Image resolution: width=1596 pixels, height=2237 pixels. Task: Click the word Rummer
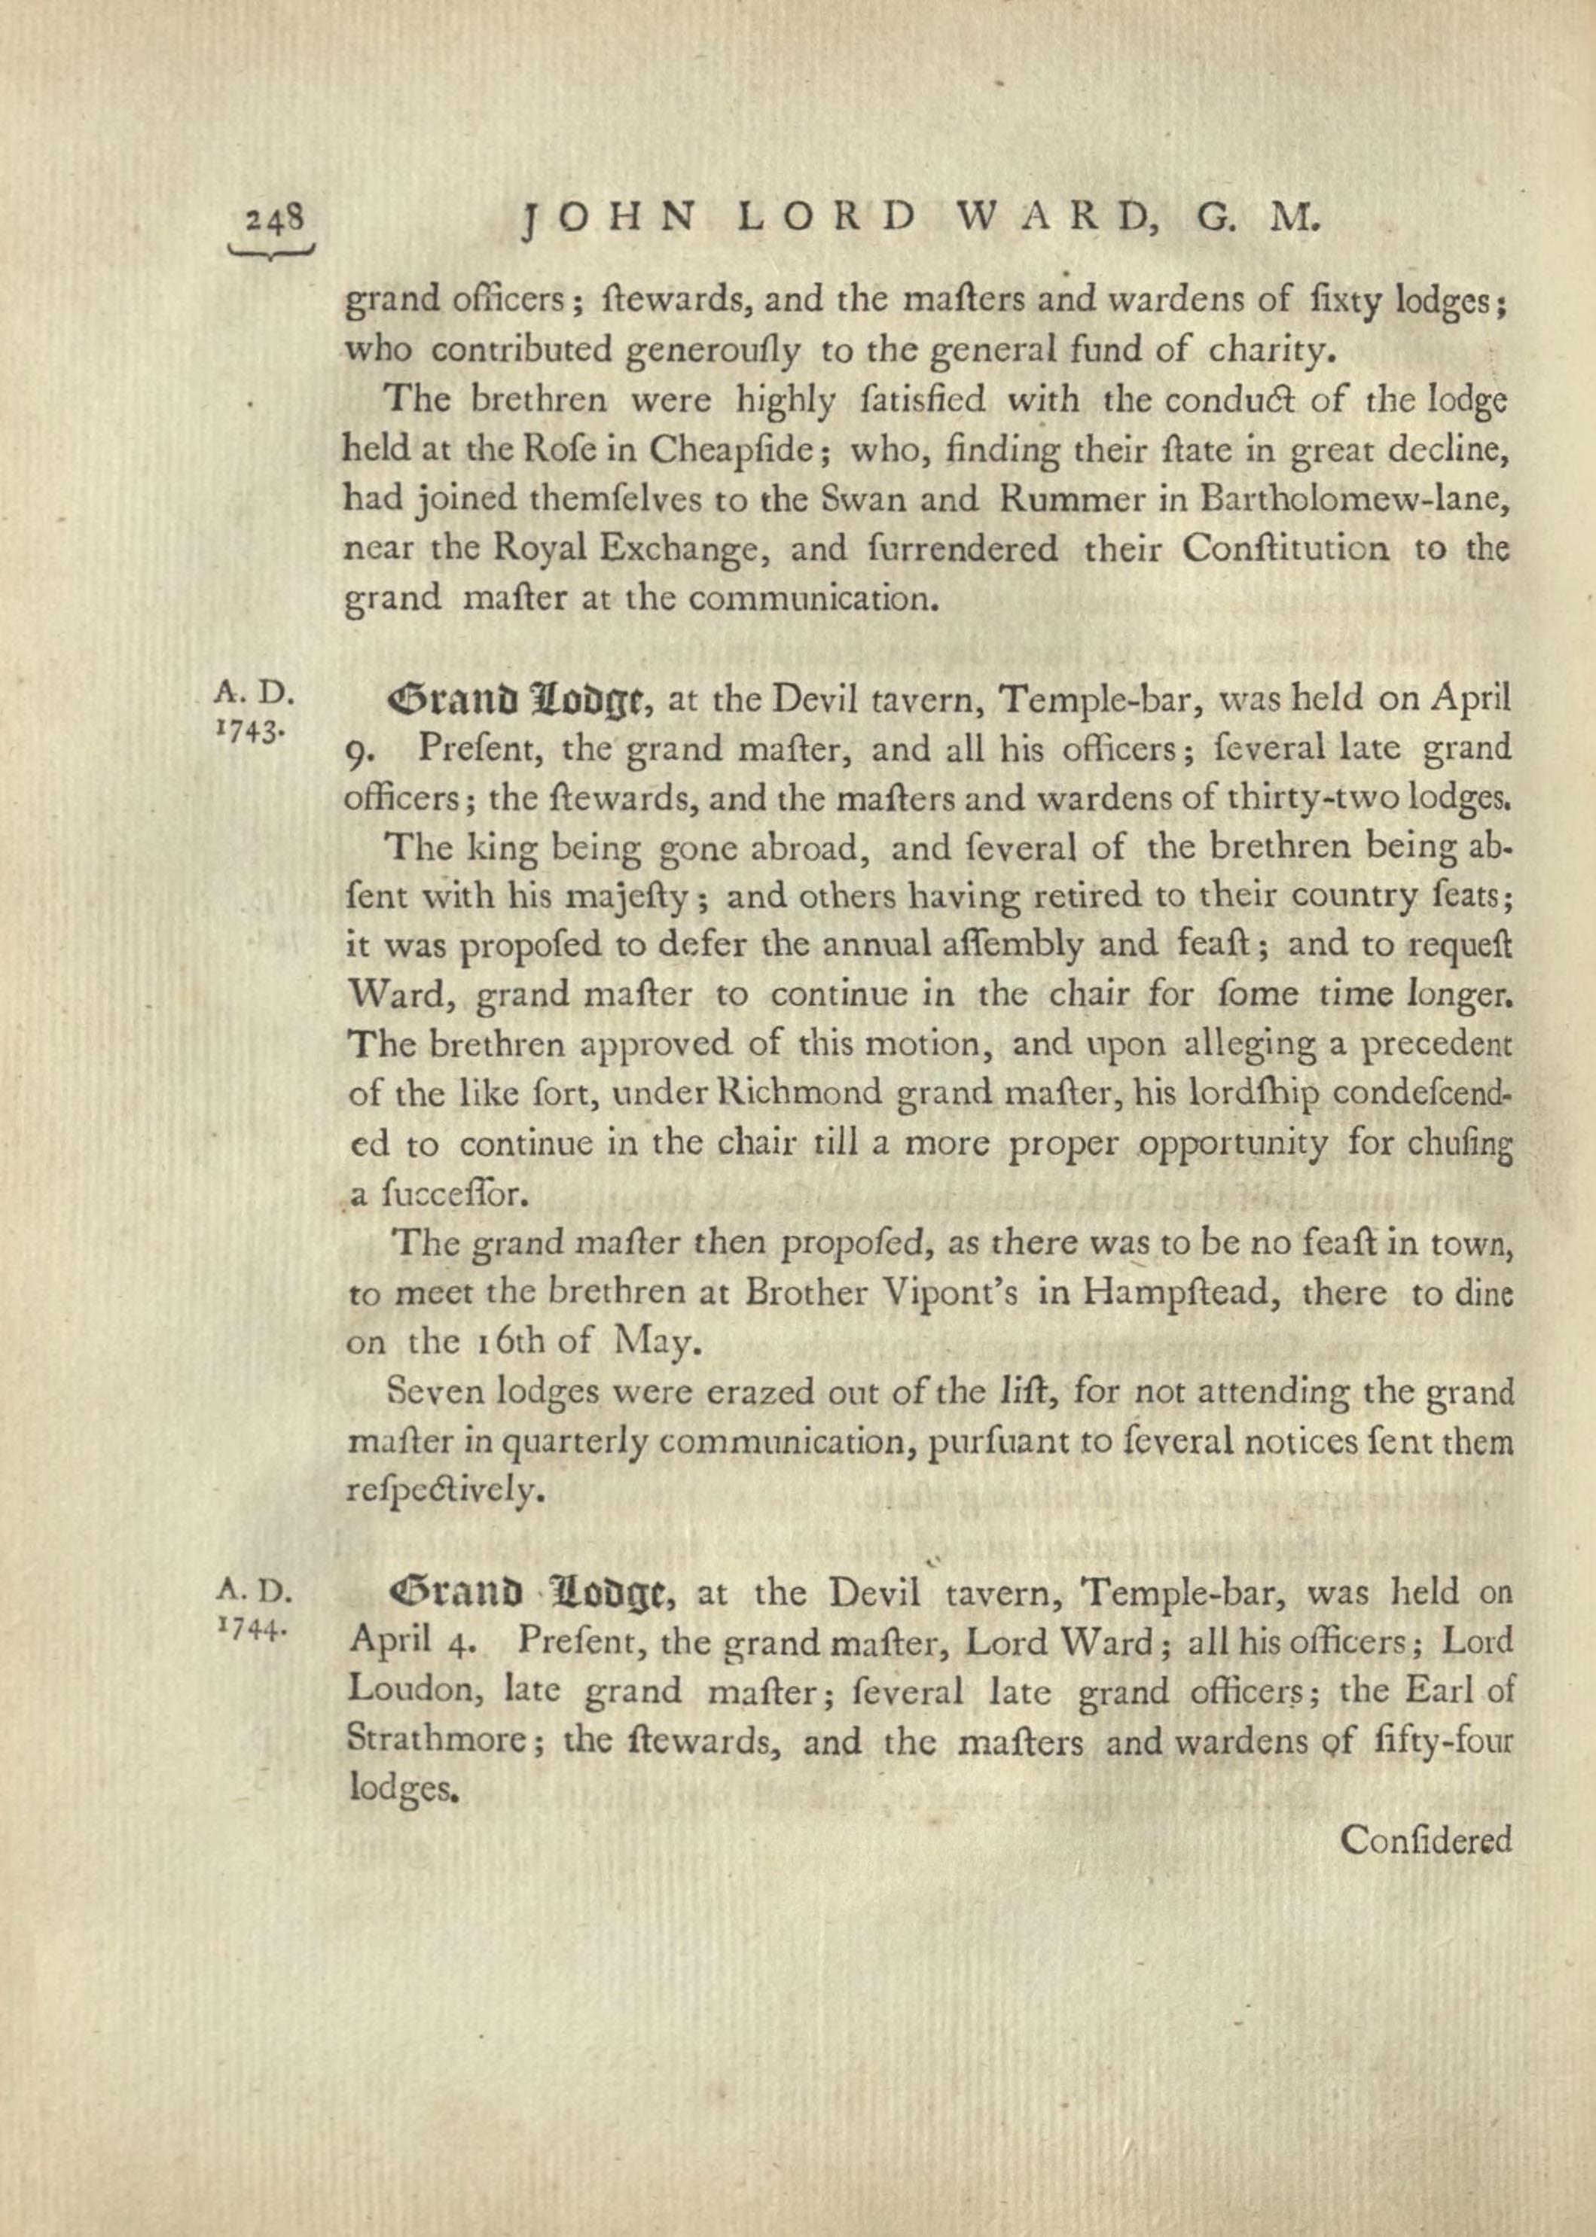1067,499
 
